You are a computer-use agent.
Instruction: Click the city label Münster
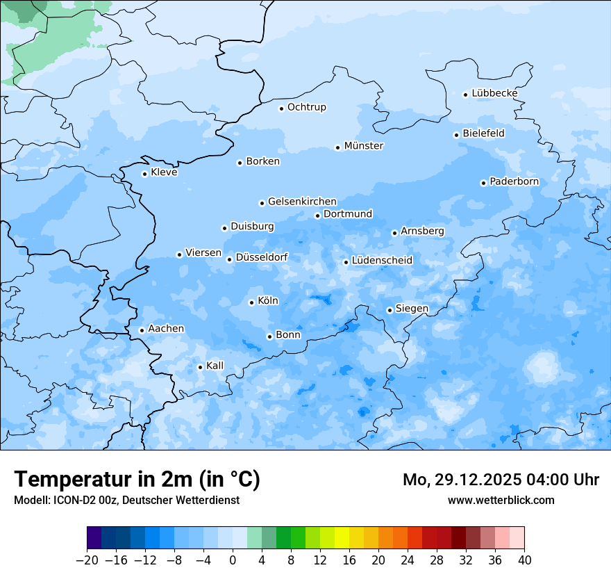click(x=364, y=146)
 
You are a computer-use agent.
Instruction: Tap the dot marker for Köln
click(x=251, y=302)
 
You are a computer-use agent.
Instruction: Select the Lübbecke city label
click(x=494, y=93)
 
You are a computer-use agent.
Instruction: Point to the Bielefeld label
click(x=483, y=133)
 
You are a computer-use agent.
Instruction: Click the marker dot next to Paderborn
click(x=483, y=183)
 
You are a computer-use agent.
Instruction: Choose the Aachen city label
click(x=166, y=329)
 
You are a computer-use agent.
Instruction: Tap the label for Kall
click(x=215, y=366)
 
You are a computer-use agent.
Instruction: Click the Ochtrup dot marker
click(x=281, y=108)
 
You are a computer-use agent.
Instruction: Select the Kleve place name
click(x=164, y=172)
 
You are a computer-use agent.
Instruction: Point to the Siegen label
click(x=412, y=309)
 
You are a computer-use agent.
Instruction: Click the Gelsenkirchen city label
click(x=302, y=202)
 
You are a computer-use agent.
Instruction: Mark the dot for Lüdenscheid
click(x=346, y=262)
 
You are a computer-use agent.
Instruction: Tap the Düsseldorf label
click(x=262, y=257)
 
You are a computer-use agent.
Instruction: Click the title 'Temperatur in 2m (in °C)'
click(x=137, y=479)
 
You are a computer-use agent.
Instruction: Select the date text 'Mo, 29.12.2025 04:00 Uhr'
click(x=501, y=480)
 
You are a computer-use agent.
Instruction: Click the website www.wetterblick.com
click(x=501, y=500)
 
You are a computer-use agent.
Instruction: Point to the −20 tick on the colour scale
click(x=87, y=560)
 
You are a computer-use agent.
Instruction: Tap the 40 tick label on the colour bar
click(x=524, y=560)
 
